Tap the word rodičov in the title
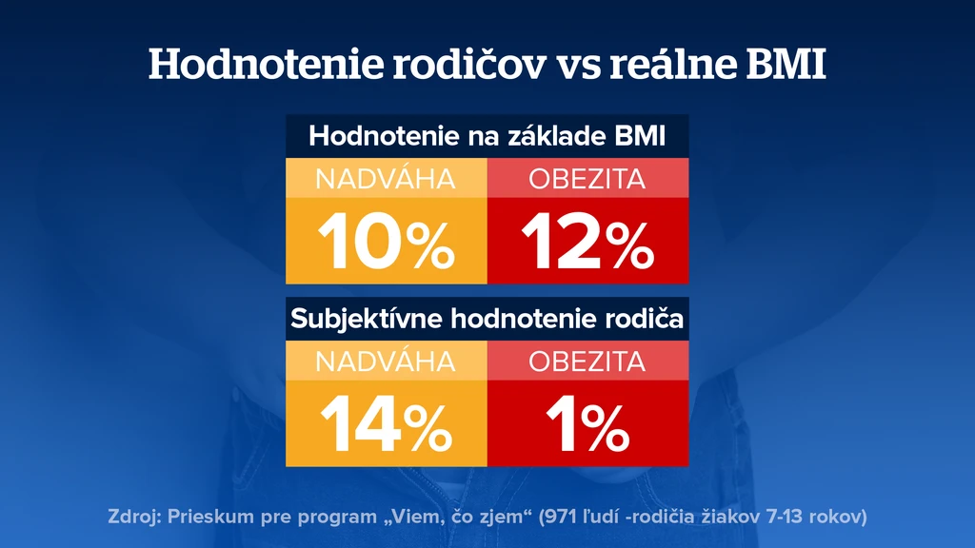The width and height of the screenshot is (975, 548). (469, 64)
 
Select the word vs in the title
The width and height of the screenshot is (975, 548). (578, 68)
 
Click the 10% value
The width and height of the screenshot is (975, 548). (387, 241)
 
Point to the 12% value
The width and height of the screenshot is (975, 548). (587, 241)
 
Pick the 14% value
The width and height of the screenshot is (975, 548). (387, 424)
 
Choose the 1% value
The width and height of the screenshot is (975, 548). (587, 424)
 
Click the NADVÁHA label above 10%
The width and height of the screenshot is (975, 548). (386, 179)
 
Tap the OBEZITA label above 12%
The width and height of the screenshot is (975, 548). (587, 179)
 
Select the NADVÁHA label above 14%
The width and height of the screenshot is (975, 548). (386, 362)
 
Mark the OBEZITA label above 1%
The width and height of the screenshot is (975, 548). (587, 362)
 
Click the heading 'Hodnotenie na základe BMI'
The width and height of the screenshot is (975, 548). (487, 136)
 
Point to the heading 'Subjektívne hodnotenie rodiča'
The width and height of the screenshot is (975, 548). (487, 319)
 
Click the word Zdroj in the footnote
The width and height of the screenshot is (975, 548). (133, 517)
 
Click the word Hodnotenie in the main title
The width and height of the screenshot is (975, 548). (266, 64)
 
